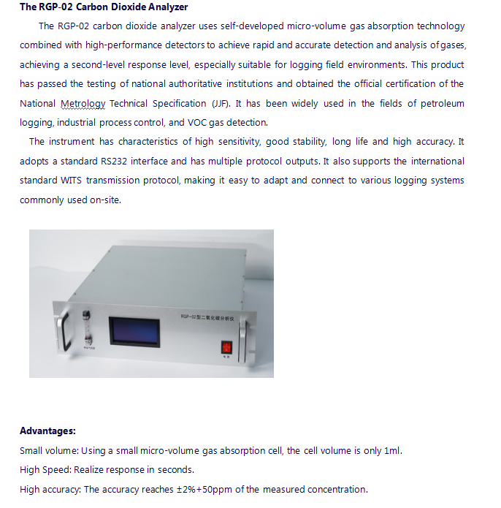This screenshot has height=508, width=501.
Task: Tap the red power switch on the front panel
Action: coord(226,346)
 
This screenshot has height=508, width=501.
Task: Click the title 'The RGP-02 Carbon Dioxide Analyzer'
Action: coord(104,7)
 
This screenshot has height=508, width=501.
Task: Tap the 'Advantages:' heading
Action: coord(47,431)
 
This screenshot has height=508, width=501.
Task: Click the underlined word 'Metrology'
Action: coord(83,104)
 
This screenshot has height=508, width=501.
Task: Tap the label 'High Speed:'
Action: coord(45,469)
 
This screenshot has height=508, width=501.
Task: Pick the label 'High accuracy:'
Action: coord(50,489)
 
